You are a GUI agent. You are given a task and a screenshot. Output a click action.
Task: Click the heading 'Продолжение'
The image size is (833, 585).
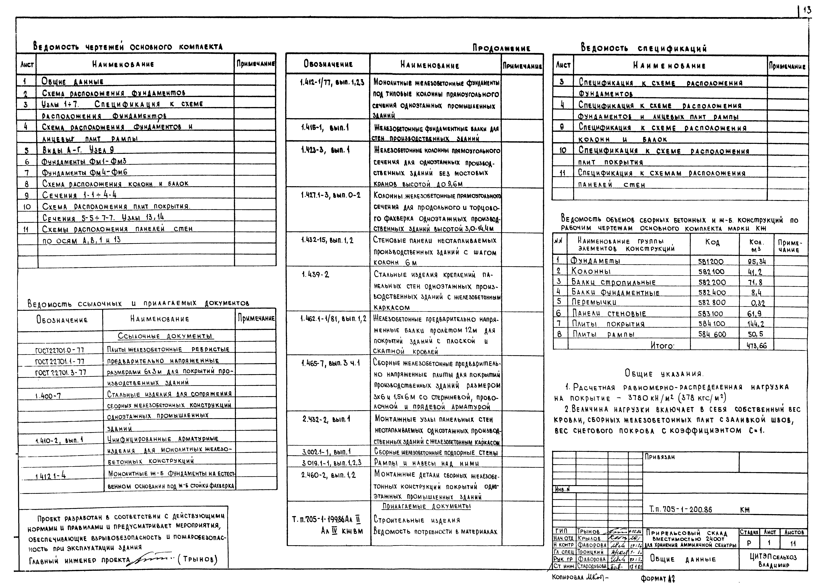pyautogui.click(x=501, y=48)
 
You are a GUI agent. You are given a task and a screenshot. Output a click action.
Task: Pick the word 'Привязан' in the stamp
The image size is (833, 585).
pyautogui.click(x=660, y=457)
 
